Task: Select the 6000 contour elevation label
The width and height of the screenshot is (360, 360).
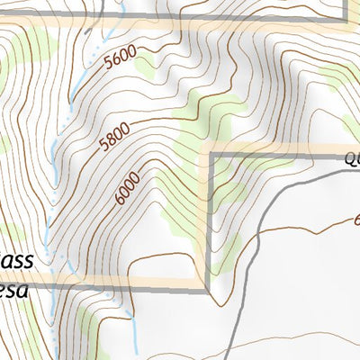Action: [x=128, y=187]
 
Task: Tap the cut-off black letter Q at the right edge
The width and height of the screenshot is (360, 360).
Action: [x=352, y=160]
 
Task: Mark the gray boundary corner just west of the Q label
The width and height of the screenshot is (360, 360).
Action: [x=211, y=156]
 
